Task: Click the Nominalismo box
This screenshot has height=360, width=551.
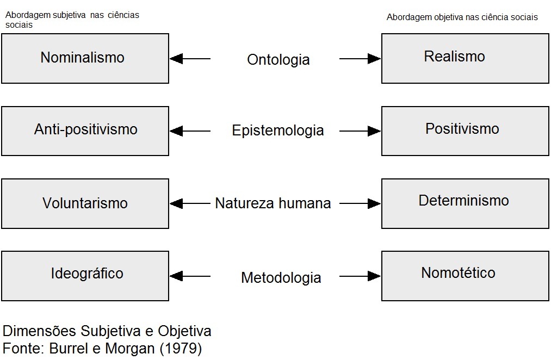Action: point(85,58)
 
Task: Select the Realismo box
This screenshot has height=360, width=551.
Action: point(465,58)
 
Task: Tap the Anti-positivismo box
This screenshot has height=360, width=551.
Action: point(85,131)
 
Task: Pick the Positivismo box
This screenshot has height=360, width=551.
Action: point(465,131)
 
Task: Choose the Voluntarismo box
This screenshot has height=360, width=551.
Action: point(85,203)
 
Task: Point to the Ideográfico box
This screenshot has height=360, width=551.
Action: point(85,276)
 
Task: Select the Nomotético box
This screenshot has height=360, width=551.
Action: point(465,276)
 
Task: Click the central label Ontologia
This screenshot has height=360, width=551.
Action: point(278,59)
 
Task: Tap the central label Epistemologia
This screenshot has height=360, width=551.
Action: point(277,131)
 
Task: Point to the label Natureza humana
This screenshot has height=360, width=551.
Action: point(273,203)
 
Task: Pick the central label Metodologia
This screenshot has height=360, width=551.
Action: point(281,278)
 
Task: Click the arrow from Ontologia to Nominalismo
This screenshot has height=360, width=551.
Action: point(190,58)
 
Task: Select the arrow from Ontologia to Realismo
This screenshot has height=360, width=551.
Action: point(360,58)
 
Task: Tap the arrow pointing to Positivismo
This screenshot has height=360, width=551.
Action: point(360,131)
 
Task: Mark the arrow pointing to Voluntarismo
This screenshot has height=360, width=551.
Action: point(190,203)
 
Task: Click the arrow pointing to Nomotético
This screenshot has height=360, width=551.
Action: point(360,276)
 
